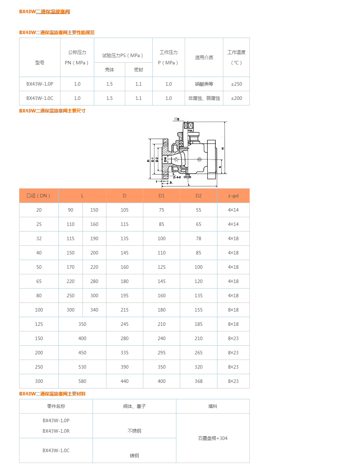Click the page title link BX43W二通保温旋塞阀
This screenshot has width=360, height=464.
pos(45,11)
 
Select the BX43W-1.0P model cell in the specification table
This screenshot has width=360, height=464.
pos(40,84)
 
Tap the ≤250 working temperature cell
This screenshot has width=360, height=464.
pos(237,84)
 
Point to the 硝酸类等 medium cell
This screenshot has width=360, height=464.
pos(204,84)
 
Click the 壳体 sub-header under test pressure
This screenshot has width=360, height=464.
pos(110,70)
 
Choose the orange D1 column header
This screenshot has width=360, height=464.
pos(161,196)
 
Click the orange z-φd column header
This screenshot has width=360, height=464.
pos(233,196)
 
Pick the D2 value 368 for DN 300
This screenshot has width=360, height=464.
pos(198,381)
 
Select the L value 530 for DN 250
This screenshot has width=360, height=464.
pos(82,367)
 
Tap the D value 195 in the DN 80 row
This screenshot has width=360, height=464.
pos(125,296)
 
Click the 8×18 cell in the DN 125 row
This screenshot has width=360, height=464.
pos(233,324)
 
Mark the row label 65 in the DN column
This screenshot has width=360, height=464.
pos(39,281)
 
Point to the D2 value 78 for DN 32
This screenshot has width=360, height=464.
pos(198,238)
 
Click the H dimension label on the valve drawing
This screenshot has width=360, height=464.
pos(223,149)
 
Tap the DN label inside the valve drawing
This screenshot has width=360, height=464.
pos(165,159)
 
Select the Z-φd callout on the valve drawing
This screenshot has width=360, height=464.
pos(177,177)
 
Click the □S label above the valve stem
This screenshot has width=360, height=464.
pos(177,119)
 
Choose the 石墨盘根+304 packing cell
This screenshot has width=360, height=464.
pos(213,438)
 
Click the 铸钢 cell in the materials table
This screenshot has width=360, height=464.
pos(134,456)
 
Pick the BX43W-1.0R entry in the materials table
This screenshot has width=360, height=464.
pos(56,431)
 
